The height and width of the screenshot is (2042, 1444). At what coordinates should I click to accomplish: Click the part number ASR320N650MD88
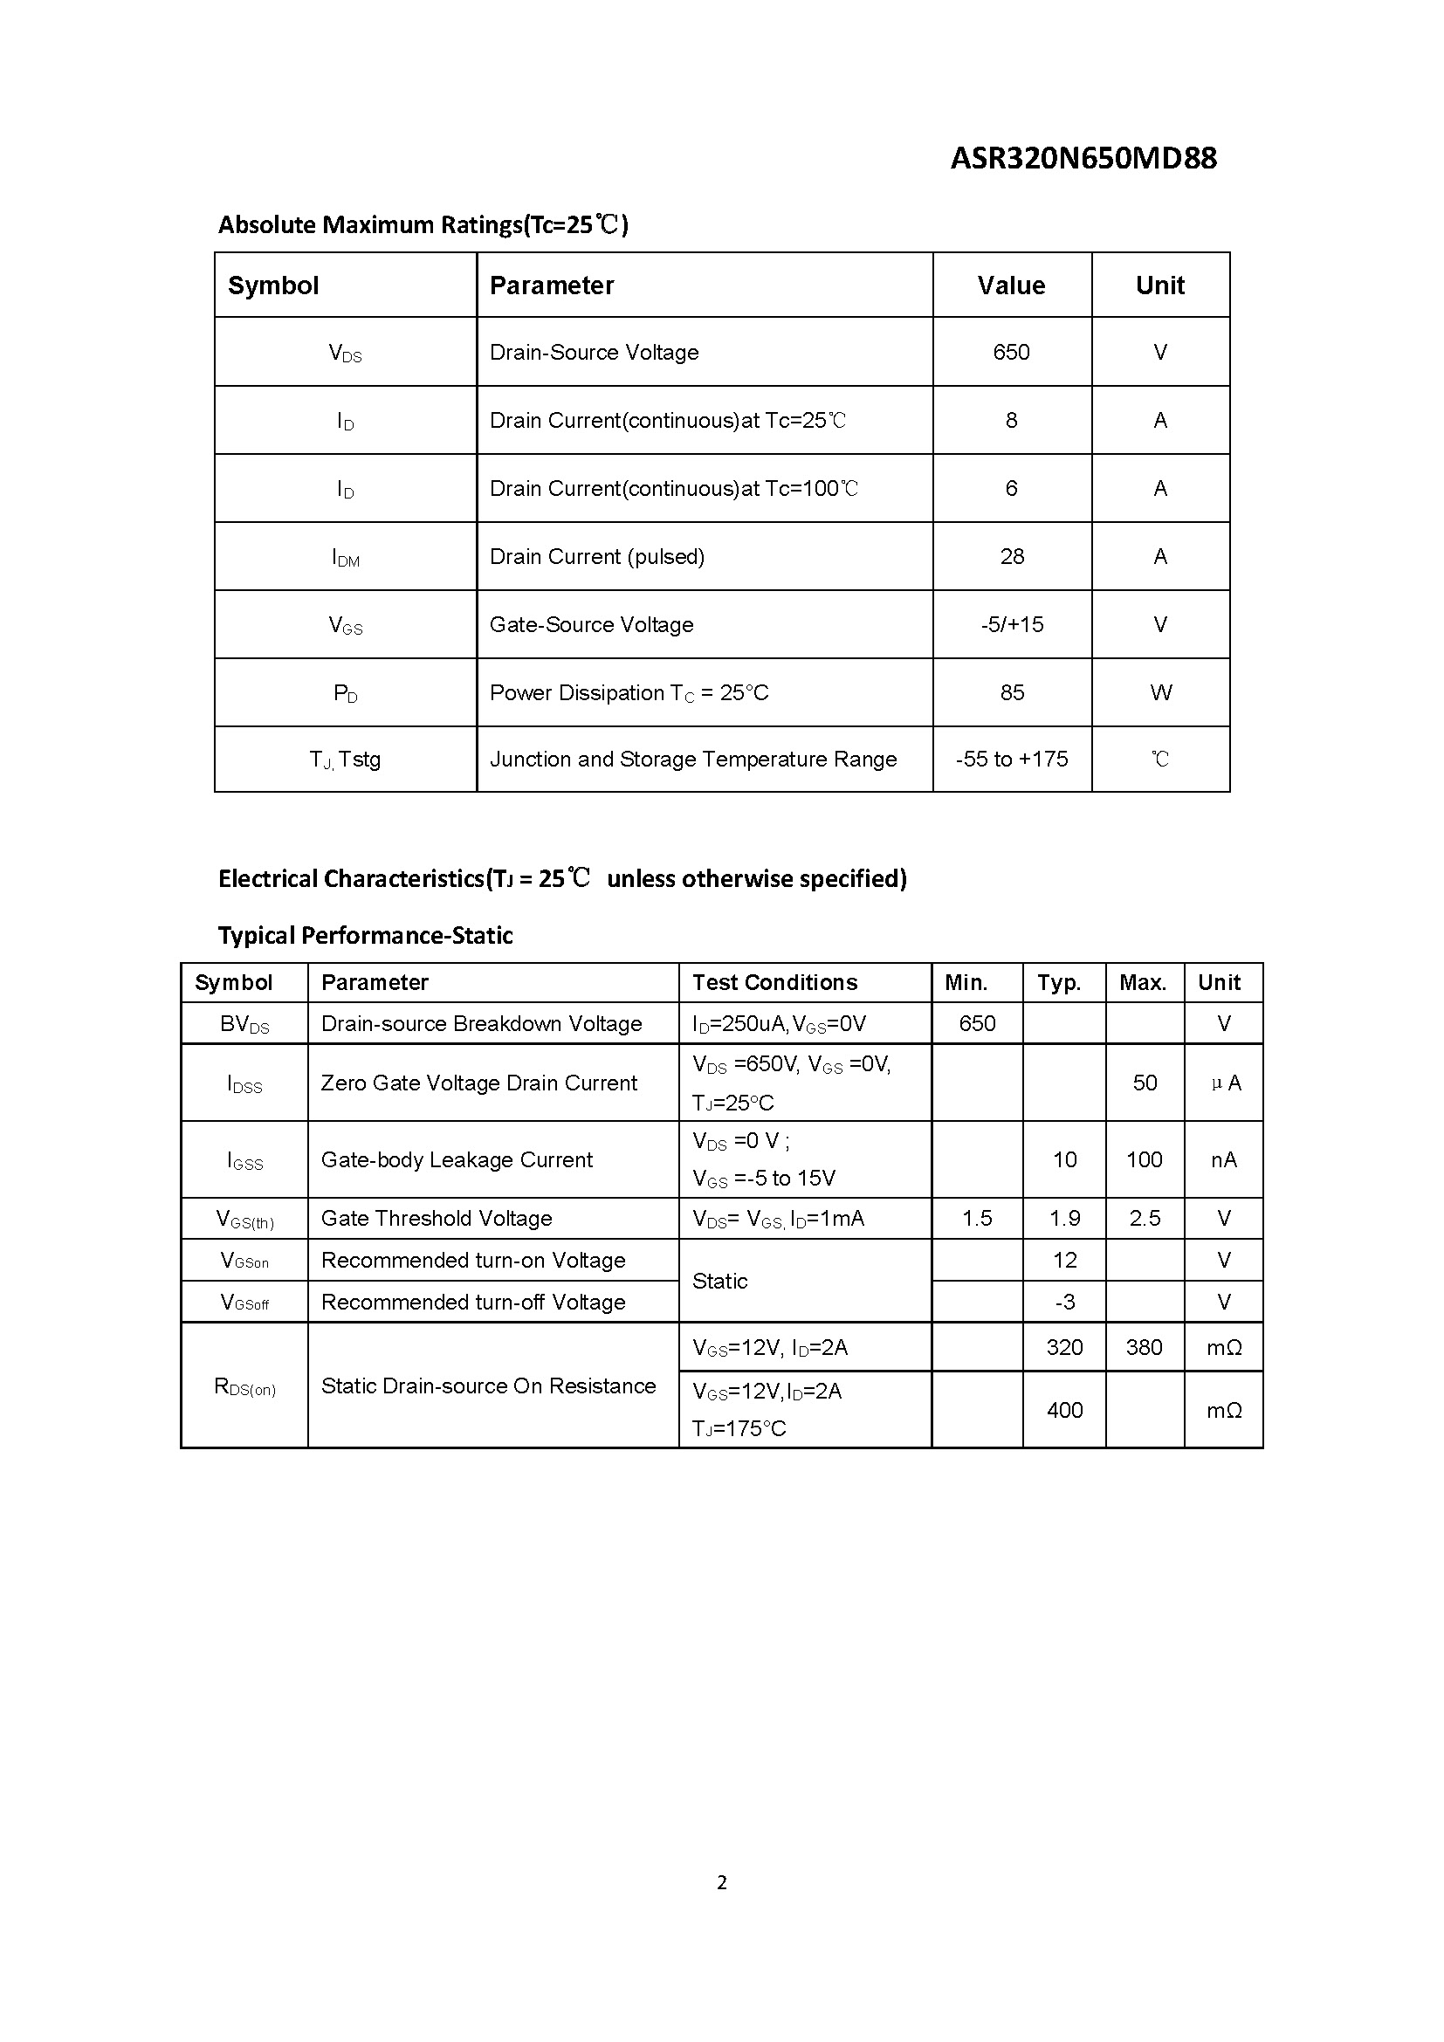coord(1083,158)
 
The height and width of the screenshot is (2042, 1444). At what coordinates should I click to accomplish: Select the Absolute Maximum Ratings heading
coord(423,224)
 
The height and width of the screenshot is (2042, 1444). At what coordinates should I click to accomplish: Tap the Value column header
coord(1011,285)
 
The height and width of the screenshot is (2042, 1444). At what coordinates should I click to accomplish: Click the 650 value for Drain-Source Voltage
coord(1011,352)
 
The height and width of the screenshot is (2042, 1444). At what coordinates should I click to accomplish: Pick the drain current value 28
coord(1012,557)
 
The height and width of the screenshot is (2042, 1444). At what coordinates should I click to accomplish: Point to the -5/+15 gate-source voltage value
coord(1012,624)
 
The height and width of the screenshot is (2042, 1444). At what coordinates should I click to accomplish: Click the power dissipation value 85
coord(1012,693)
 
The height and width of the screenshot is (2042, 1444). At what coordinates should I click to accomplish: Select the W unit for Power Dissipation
coord(1160,693)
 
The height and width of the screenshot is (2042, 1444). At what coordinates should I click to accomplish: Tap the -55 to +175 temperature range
coord(1012,760)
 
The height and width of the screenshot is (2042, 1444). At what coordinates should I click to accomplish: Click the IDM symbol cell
coord(345,558)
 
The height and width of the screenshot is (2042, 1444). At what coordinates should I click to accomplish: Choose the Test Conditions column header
coord(774,983)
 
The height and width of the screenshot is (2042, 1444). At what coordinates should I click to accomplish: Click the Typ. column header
coord(1059,983)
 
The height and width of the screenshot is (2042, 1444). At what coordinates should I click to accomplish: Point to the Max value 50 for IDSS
coord(1145,1083)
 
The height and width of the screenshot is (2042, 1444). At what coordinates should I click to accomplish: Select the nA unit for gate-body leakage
coord(1223,1159)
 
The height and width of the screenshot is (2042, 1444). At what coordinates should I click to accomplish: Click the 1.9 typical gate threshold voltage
coord(1064,1219)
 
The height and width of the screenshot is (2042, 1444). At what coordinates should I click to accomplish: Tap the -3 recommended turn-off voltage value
coord(1064,1302)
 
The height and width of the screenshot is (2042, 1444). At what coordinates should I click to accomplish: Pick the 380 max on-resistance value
coord(1145,1347)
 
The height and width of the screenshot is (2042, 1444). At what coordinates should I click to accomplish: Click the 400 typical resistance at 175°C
coord(1064,1410)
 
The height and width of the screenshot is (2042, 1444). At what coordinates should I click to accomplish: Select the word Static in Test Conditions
coord(719,1281)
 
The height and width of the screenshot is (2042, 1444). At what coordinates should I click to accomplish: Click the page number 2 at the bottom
coord(722,1883)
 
